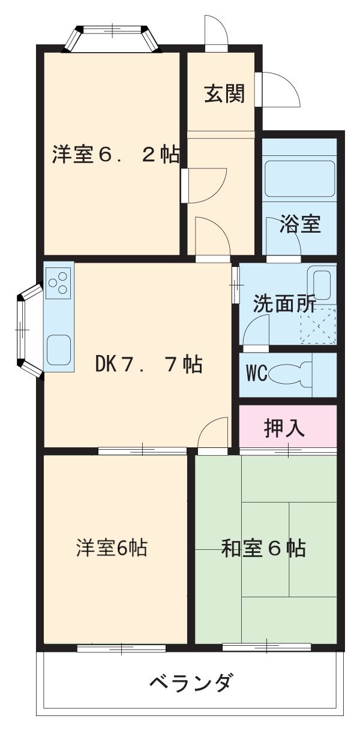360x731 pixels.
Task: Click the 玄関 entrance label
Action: click(x=224, y=94)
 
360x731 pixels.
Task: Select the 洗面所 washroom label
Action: click(x=283, y=304)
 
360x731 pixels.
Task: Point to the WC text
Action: click(x=256, y=373)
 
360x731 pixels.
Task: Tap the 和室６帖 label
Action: click(x=264, y=548)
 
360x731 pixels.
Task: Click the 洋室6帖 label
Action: click(x=112, y=548)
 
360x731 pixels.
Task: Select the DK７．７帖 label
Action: click(x=148, y=364)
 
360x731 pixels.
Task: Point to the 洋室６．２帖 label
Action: click(x=115, y=155)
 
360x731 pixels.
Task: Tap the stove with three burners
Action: click(x=59, y=283)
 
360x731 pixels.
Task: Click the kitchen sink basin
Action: click(x=59, y=348)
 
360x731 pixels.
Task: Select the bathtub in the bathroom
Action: click(x=299, y=178)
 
